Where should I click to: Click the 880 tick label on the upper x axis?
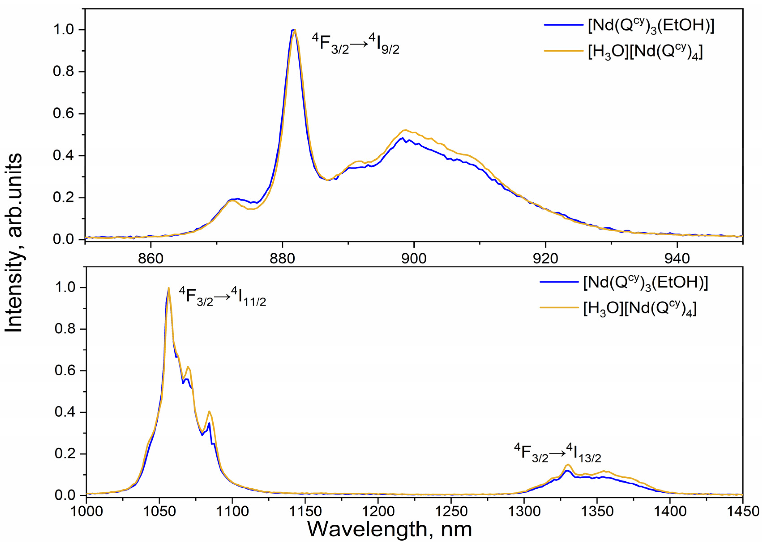pos(283,258)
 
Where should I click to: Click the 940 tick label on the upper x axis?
pos(677,258)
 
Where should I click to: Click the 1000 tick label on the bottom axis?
pos(87,511)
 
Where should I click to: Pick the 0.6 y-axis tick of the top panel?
pos(64,113)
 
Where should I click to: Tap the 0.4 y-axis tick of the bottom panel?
pos(65,412)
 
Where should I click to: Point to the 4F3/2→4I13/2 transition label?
pos(558,453)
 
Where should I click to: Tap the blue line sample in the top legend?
pos(564,25)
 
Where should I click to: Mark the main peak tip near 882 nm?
pos(294,30)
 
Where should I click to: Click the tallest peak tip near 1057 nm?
pos(168,288)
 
